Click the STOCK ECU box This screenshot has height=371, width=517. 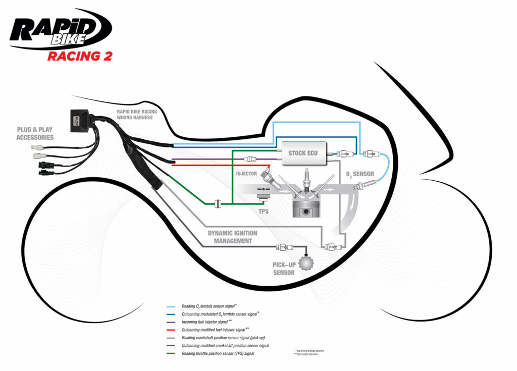(303, 152)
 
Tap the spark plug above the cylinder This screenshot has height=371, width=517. (305, 180)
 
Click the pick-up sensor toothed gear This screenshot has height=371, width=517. (305, 263)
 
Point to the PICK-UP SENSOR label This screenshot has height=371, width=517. (283, 269)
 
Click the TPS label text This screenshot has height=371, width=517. (264, 211)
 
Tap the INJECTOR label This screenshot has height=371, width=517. (246, 174)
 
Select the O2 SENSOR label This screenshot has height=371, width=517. (359, 174)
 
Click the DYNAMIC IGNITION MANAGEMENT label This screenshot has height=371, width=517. (232, 237)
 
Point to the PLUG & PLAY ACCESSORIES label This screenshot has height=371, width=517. (35, 133)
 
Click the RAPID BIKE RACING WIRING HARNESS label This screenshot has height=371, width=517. (137, 115)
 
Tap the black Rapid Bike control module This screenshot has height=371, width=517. (80, 120)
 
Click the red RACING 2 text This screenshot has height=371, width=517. (80, 56)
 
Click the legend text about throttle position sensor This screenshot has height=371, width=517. (218, 353)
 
